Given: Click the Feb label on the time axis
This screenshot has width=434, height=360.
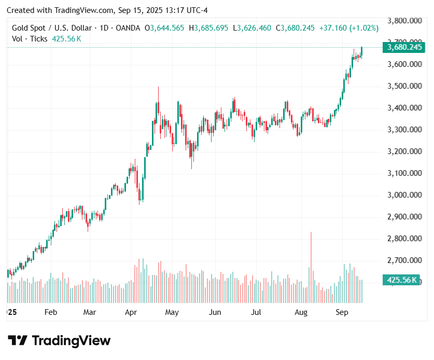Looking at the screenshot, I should [x=50, y=312].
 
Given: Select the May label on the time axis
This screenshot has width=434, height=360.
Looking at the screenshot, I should [x=172, y=312].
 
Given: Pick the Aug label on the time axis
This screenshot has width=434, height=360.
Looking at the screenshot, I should [x=301, y=312].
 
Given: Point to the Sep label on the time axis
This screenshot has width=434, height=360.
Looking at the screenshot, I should [x=342, y=312].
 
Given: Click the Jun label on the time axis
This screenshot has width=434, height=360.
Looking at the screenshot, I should [x=215, y=312].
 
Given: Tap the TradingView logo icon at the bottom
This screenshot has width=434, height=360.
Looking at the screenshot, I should [x=18, y=341].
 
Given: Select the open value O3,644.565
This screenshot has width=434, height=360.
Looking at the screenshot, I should [x=164, y=28].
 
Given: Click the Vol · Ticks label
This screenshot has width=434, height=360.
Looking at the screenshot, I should [x=30, y=39].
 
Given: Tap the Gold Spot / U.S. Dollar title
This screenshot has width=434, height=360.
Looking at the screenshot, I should [x=52, y=28].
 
